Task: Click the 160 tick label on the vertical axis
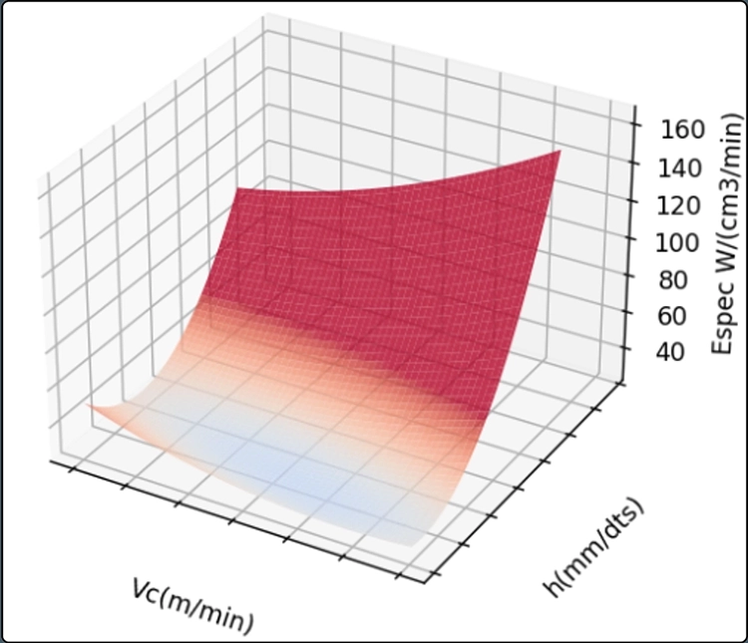(679, 128)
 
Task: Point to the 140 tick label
(679, 166)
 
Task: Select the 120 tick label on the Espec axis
(679, 204)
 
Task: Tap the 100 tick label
(679, 241)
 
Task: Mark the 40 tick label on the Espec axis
(673, 352)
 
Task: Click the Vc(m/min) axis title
(191, 603)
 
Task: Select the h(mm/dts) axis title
(594, 547)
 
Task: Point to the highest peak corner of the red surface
(561, 151)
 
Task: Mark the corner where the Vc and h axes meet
(431, 579)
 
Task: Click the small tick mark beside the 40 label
(628, 352)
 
